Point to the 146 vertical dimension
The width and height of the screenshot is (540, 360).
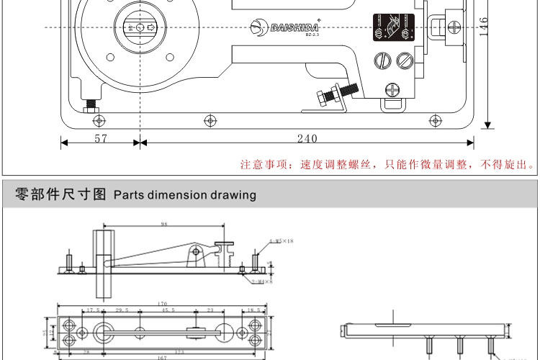coord(484,26)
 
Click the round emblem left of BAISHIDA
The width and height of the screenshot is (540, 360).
coord(258,27)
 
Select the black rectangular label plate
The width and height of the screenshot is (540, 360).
coord(387,29)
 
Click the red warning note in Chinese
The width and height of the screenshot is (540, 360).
coord(387,165)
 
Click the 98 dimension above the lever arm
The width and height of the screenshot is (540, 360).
coord(164,225)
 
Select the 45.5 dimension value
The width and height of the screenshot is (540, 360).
coord(167,310)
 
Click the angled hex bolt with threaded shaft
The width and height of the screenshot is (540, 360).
coord(336,94)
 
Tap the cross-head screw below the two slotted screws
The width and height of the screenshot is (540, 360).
coord(392,89)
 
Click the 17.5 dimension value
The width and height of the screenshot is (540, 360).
coord(93,310)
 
